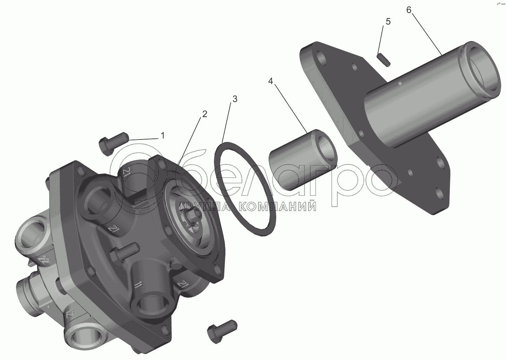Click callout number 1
(162, 136)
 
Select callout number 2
(204, 114)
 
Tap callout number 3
(235, 99)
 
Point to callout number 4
(270, 81)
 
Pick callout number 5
(388, 22)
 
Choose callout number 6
(409, 10)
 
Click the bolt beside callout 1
(114, 143)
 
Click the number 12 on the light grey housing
(70, 314)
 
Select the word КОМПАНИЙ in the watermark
(277, 206)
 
